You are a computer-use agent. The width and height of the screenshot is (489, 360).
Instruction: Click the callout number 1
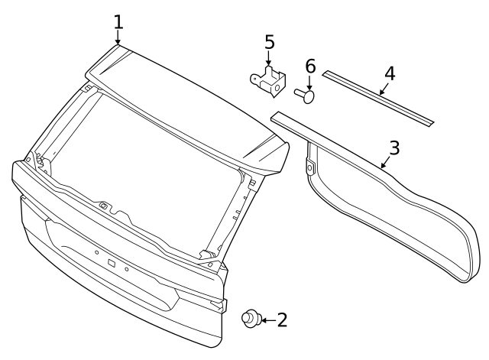point(118,22)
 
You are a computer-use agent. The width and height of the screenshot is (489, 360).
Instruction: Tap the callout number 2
point(282,320)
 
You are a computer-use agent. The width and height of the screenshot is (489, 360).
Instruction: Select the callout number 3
point(394,148)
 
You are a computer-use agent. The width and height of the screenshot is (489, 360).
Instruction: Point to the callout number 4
point(390,74)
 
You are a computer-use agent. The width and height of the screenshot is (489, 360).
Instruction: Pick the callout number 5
point(270,42)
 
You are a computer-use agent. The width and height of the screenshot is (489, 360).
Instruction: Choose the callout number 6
point(310,66)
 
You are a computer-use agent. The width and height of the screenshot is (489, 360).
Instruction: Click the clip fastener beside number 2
point(251,318)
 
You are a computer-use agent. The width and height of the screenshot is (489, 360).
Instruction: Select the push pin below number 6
point(304,95)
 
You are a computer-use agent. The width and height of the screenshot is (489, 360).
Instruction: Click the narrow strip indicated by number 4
point(378,99)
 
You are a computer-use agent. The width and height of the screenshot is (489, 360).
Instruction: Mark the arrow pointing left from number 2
point(269,320)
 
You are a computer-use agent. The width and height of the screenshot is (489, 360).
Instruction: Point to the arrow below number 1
point(118,37)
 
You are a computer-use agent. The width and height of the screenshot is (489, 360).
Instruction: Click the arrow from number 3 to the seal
point(385,162)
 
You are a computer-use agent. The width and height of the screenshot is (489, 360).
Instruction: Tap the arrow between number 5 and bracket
point(268,59)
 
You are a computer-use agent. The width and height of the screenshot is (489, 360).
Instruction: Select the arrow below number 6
point(309,83)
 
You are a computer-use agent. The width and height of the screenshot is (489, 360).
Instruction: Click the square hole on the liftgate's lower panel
point(112,263)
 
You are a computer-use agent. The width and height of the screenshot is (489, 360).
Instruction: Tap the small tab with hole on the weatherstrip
point(309,167)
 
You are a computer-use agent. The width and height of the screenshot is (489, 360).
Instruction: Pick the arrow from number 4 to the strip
point(384,89)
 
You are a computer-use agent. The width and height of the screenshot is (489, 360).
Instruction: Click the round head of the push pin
point(309,97)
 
